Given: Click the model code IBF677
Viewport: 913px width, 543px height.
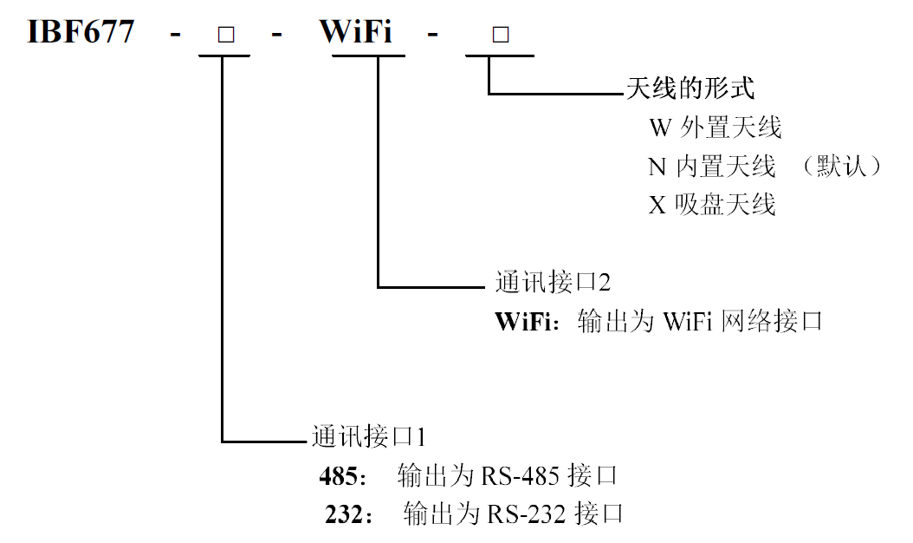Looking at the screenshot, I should tap(82, 33).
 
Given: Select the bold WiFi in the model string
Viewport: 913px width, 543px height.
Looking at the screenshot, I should tap(356, 33).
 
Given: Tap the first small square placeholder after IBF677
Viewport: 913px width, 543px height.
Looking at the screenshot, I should tap(225, 36).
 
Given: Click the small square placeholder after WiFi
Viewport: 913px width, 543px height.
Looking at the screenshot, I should tap(500, 36).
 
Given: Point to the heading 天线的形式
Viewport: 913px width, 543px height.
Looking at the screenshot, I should tap(690, 88).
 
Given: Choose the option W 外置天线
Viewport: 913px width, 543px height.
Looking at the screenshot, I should tap(716, 128).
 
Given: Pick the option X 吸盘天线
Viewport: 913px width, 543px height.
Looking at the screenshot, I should tap(712, 204).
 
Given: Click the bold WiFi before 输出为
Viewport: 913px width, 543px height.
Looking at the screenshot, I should tap(523, 322).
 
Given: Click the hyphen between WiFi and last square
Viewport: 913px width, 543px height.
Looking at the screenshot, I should tap(432, 35).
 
